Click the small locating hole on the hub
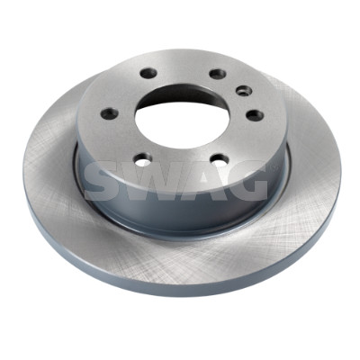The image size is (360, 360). pyautogui.click(x=242, y=90)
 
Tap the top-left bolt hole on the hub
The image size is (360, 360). pyautogui.click(x=148, y=73)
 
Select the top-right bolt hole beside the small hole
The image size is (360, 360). pyautogui.click(x=218, y=74)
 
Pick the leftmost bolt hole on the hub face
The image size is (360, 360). pyautogui.click(x=110, y=113)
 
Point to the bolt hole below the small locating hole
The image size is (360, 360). pyautogui.click(x=255, y=115)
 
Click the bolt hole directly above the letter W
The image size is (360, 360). pyautogui.click(x=143, y=159)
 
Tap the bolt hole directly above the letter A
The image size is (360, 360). pyautogui.click(x=220, y=160)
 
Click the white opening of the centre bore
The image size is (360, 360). pyautogui.click(x=182, y=125)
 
